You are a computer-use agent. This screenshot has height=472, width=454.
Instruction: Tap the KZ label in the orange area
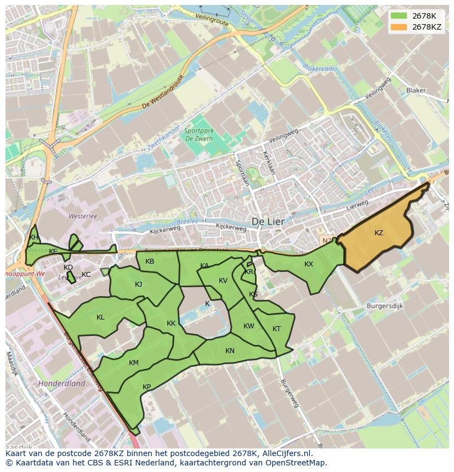(x=378, y=233)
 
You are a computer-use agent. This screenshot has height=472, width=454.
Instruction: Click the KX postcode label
(x=309, y=264)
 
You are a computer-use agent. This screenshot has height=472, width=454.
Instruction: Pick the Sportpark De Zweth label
(x=196, y=134)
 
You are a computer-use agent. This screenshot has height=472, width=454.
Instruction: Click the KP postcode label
(x=146, y=387)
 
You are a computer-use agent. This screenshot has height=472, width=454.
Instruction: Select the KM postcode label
(x=134, y=363)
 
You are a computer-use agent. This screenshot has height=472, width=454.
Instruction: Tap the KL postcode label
(x=100, y=317)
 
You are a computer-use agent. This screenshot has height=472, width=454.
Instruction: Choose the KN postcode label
(x=230, y=351)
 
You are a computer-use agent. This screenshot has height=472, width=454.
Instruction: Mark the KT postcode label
(x=276, y=329)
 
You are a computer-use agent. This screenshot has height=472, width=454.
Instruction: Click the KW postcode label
(x=249, y=326)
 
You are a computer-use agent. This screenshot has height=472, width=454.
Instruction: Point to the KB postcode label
(x=150, y=261)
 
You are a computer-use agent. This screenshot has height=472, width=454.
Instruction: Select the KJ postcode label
(x=138, y=284)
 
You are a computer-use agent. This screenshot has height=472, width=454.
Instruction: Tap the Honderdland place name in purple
(x=61, y=384)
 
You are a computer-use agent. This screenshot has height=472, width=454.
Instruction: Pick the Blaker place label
(x=416, y=90)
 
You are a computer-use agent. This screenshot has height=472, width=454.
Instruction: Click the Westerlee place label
(x=83, y=216)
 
